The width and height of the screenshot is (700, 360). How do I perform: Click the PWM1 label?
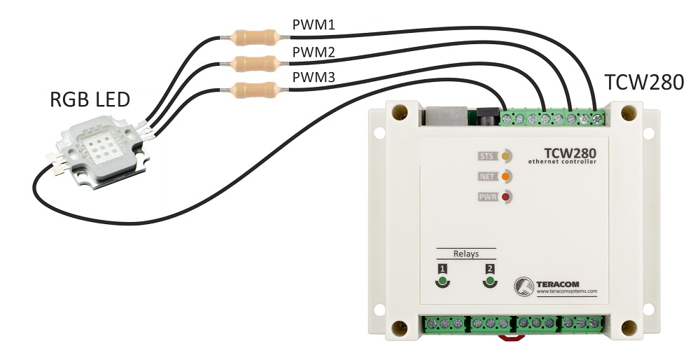314,26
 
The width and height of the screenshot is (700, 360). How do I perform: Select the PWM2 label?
314,53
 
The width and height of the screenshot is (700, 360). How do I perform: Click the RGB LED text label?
90,100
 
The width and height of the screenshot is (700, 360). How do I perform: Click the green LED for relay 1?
442,282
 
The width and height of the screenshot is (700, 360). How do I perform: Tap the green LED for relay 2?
490,282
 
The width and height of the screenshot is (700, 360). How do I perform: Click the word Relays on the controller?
465,254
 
